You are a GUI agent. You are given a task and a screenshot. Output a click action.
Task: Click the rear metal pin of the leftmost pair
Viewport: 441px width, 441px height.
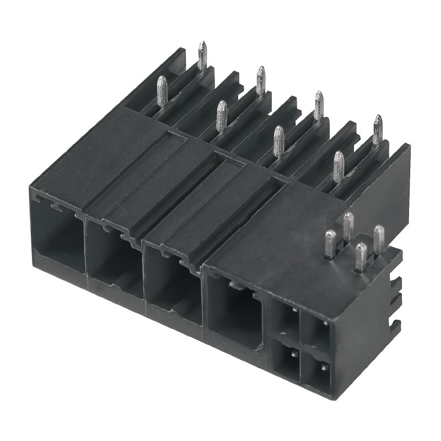click(202, 55)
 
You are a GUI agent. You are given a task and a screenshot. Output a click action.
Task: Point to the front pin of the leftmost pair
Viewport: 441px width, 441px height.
click(162, 90)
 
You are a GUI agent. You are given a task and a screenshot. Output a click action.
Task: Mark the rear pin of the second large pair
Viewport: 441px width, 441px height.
click(260, 80)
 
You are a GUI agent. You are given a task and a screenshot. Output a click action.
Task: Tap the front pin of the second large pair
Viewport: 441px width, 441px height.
click(221, 116)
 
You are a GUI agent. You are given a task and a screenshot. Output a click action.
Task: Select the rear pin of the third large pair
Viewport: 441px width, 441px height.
click(319, 105)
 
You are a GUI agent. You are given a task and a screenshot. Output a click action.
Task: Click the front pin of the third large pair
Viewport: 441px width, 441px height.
click(279, 140)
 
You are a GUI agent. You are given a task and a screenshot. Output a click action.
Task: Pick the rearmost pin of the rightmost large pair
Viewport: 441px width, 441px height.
click(378, 129)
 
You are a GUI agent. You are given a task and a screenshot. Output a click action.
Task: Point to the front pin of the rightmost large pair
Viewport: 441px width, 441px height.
click(338, 166)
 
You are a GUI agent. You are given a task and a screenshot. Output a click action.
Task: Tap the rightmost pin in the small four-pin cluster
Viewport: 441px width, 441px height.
click(379, 237)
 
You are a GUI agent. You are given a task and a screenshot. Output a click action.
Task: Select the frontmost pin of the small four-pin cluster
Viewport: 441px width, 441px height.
click(361, 256)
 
